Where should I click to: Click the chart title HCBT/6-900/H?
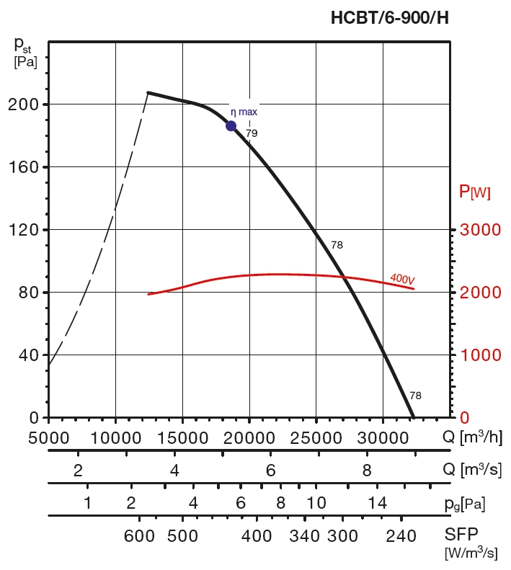(x=389, y=19)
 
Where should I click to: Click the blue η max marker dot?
(x=231, y=126)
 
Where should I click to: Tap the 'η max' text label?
(x=244, y=112)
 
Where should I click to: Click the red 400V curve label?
(x=402, y=277)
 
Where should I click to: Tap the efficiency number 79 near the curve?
(x=252, y=133)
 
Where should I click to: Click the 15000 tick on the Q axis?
(x=182, y=437)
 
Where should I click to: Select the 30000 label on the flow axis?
(x=383, y=437)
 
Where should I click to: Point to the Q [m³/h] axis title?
(x=473, y=437)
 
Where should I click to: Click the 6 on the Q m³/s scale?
(x=270, y=471)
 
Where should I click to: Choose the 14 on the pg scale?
(x=378, y=503)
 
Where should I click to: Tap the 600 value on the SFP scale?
(x=140, y=536)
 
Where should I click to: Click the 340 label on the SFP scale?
(x=306, y=536)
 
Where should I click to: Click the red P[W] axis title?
(x=475, y=192)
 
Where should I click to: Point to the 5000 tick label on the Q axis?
(x=49, y=437)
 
